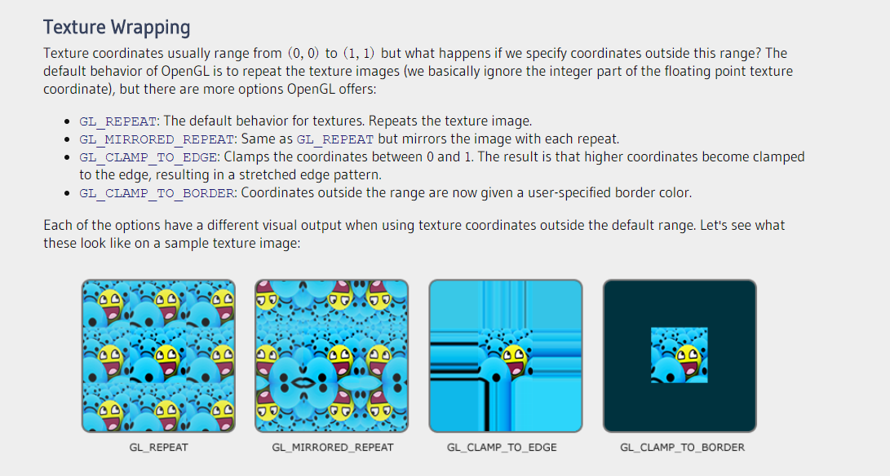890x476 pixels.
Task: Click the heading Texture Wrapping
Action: coord(117,27)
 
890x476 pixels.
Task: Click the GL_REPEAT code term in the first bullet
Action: coord(117,121)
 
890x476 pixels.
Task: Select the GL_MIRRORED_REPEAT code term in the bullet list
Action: coord(157,139)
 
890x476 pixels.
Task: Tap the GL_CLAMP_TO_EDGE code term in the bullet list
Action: coord(148,157)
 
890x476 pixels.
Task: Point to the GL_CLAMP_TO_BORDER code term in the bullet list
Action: coord(157,193)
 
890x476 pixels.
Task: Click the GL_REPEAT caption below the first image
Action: coord(158,447)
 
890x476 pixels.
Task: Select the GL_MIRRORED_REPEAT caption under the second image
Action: coord(333,447)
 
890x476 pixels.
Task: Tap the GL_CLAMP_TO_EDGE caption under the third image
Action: coord(502,447)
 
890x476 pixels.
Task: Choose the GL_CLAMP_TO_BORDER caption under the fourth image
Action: coord(682,447)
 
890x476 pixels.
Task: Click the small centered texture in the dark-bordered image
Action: coord(680,355)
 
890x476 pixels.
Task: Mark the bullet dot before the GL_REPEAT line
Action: coord(68,121)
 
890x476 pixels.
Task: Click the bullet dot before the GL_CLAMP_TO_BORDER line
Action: coord(68,193)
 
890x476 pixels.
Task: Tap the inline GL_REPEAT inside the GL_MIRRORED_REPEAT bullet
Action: coord(335,139)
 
